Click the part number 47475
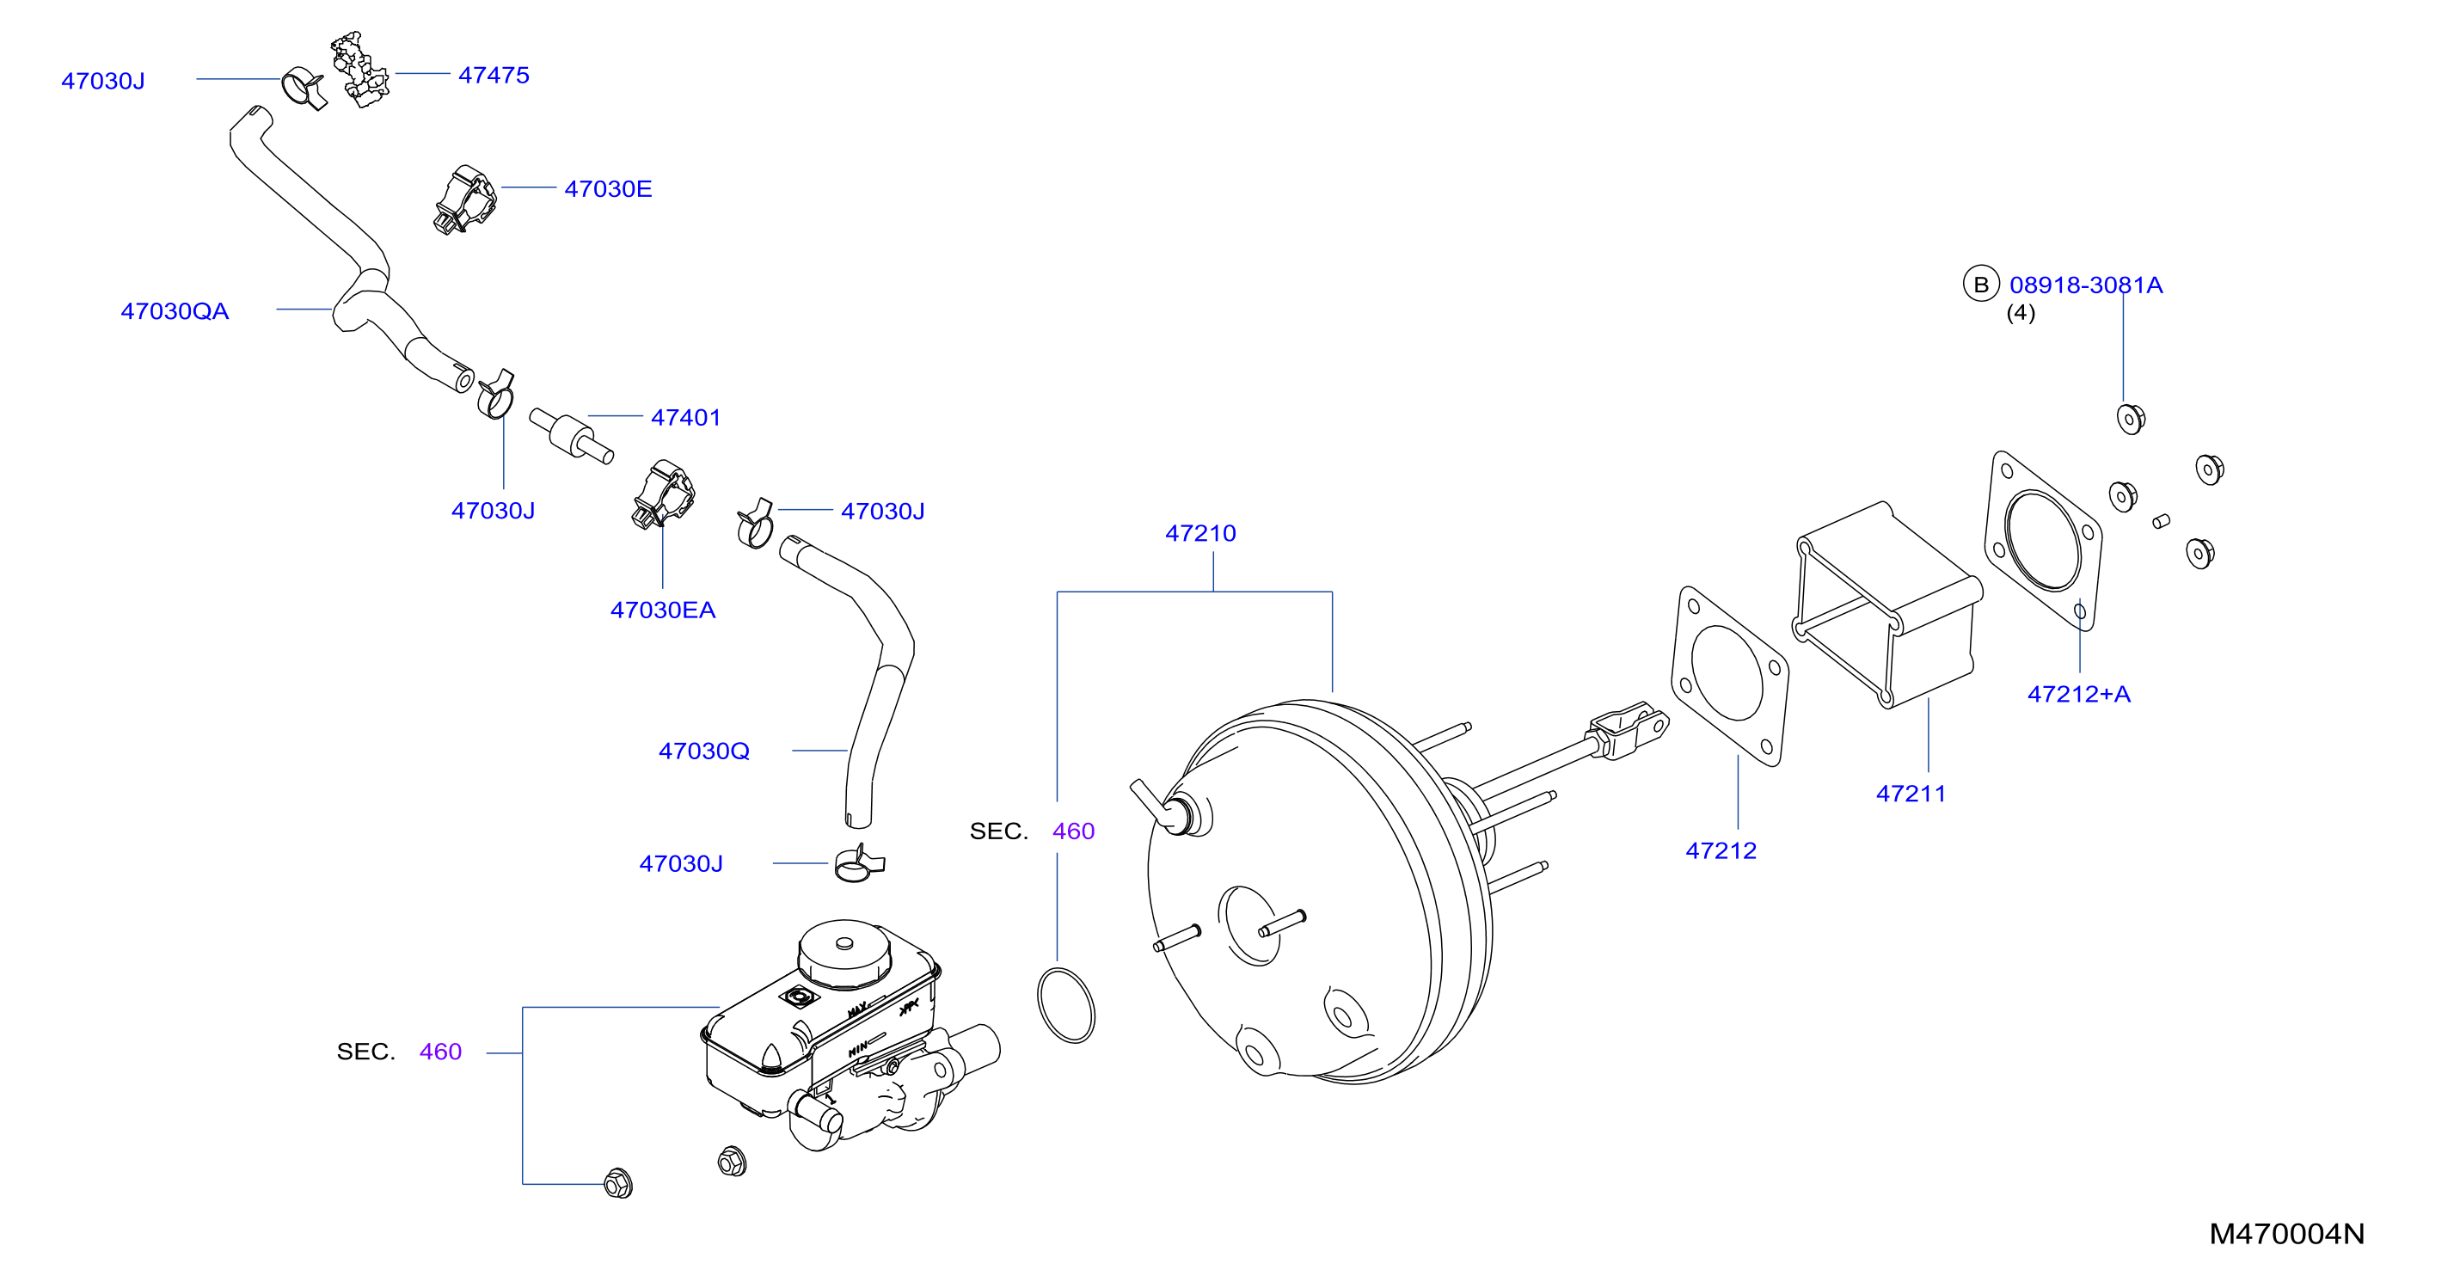pyautogui.click(x=494, y=75)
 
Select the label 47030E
pyautogui.click(x=608, y=188)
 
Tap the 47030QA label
pyautogui.click(x=175, y=311)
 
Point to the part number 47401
pyautogui.click(x=685, y=417)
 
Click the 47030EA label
pyautogui.click(x=663, y=610)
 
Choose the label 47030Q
pyautogui.click(x=704, y=751)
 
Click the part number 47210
pyautogui.click(x=1200, y=533)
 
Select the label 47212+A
pyautogui.click(x=2079, y=695)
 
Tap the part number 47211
pyautogui.click(x=1911, y=794)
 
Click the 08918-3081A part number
pyautogui.click(x=2086, y=285)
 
